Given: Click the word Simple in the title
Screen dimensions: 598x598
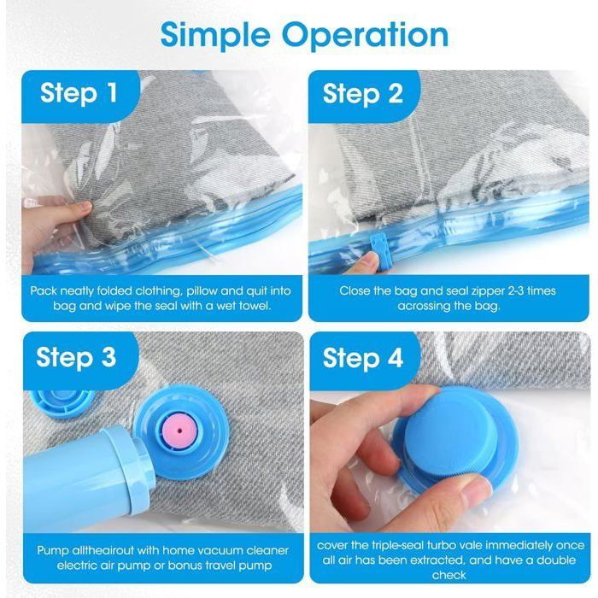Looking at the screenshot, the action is click(x=215, y=36).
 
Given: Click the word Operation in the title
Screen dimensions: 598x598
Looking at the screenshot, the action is click(x=366, y=34).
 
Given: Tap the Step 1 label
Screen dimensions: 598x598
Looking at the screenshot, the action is click(x=79, y=93).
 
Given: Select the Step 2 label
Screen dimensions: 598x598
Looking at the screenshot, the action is click(x=363, y=93).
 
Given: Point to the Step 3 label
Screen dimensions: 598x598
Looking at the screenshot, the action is click(x=76, y=357).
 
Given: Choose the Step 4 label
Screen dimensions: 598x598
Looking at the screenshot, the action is click(x=363, y=358).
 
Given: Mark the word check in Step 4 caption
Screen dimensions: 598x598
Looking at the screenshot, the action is click(x=448, y=575).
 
